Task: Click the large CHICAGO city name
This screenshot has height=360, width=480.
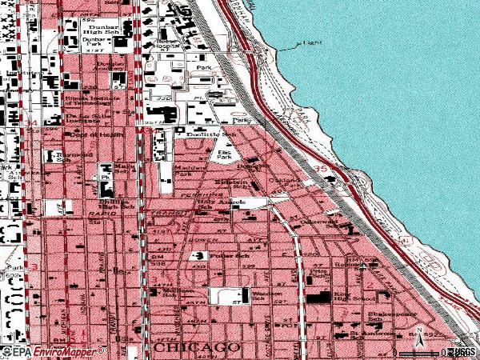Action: tap(197, 349)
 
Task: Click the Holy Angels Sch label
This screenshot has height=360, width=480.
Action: tap(215, 205)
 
